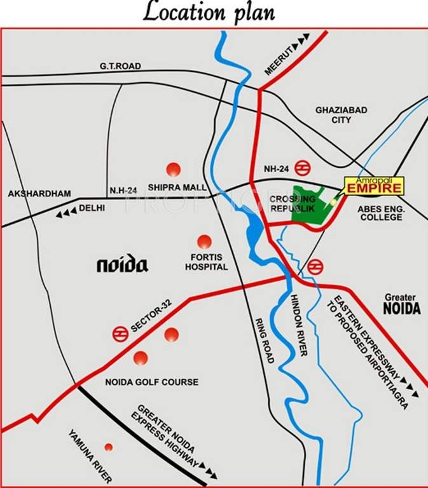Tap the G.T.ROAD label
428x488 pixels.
pyautogui.click(x=120, y=66)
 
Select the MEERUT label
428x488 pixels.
pyautogui.click(x=278, y=62)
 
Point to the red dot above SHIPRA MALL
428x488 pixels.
pyautogui.click(x=173, y=169)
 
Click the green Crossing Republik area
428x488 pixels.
pyautogui.click(x=310, y=204)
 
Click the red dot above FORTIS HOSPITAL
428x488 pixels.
pyautogui.click(x=204, y=241)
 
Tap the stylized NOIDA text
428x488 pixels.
pyautogui.click(x=122, y=264)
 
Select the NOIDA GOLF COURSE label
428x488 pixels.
pyautogui.click(x=151, y=382)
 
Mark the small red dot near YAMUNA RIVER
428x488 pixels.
pyautogui.click(x=109, y=447)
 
